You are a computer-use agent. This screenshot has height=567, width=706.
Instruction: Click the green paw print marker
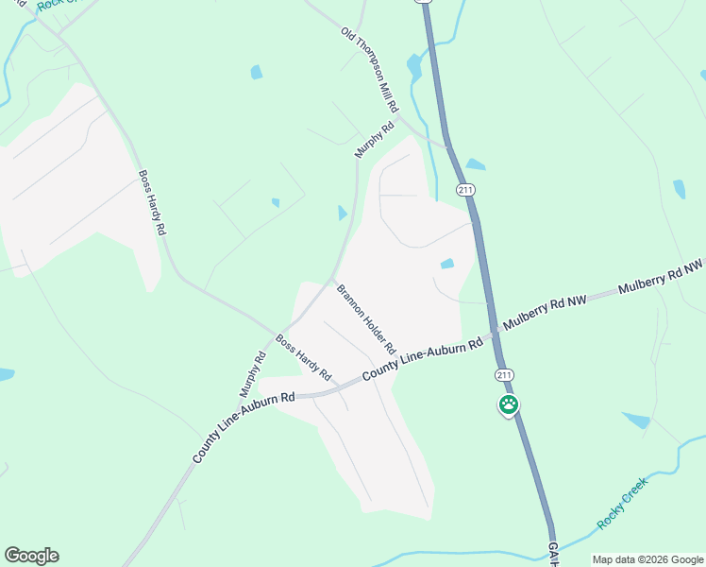pyautogui.click(x=508, y=405)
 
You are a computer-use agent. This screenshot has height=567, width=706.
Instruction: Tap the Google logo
pyautogui.click(x=31, y=556)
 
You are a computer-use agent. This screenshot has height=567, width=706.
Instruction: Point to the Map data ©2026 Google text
pyautogui.click(x=647, y=559)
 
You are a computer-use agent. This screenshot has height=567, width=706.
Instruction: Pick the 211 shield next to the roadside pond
pyautogui.click(x=464, y=190)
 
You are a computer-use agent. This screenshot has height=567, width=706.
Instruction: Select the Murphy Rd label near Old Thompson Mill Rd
pyautogui.click(x=374, y=139)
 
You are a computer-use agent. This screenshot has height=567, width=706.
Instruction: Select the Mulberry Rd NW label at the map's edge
pyautogui.click(x=661, y=274)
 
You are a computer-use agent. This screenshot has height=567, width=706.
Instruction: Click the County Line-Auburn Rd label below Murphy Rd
pyautogui.click(x=244, y=427)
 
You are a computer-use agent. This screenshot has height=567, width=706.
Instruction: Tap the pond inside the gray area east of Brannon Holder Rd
pyautogui.click(x=447, y=264)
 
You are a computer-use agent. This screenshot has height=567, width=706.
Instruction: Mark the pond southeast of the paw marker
pyautogui.click(x=637, y=420)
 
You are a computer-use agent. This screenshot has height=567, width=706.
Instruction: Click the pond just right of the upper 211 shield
pyautogui.click(x=476, y=164)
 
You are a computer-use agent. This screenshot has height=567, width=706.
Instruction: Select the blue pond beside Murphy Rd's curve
pyautogui.click(x=342, y=214)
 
